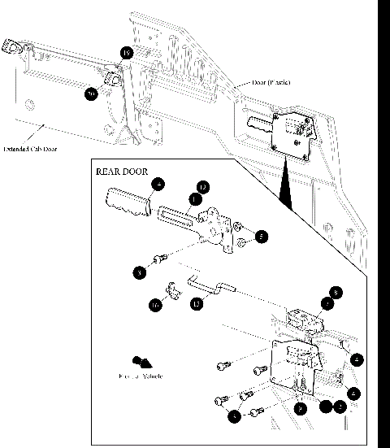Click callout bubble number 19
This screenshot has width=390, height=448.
point(126,54)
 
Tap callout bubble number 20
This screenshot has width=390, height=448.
point(92,94)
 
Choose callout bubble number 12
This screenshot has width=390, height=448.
point(203,187)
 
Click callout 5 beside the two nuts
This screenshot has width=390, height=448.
point(260,237)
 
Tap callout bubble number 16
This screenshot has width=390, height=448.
point(154,305)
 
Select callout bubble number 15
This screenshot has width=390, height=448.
point(195,304)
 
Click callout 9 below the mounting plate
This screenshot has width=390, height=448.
point(301,409)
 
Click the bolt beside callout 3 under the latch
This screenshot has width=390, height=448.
point(160,259)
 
